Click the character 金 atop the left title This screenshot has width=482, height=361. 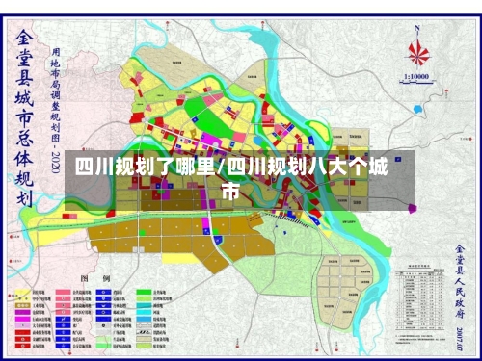(x=23, y=40)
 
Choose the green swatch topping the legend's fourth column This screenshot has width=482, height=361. (x=142, y=290)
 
